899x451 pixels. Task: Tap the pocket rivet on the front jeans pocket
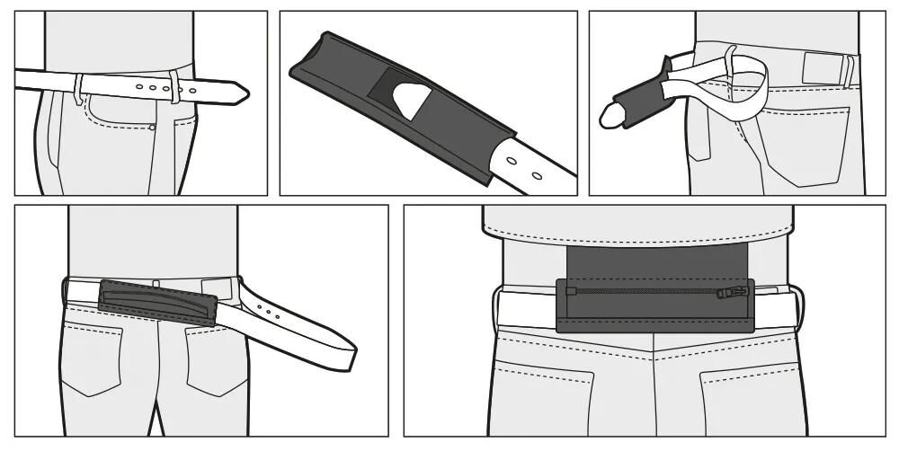[153, 128]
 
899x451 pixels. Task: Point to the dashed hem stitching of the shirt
[638, 236]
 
